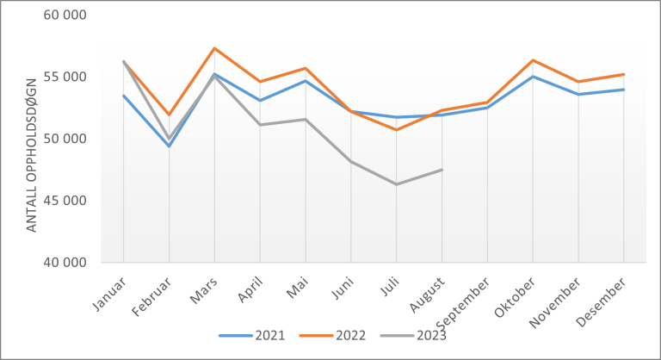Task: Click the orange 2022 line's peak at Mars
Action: [x=214, y=48]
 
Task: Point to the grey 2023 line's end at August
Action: [x=442, y=170]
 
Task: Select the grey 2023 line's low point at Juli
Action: [x=396, y=184]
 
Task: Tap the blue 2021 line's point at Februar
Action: [x=169, y=146]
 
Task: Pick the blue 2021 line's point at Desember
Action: [x=623, y=90]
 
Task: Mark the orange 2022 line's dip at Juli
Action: [x=396, y=130]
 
